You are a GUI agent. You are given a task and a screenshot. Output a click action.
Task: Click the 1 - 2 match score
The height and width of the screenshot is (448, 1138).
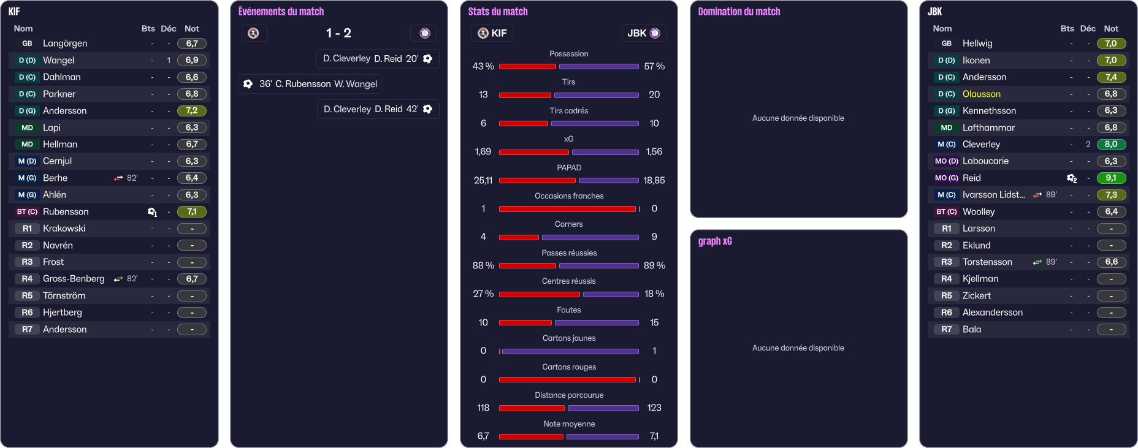(x=338, y=33)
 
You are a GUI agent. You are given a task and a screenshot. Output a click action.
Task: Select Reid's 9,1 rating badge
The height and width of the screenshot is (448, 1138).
(x=1111, y=178)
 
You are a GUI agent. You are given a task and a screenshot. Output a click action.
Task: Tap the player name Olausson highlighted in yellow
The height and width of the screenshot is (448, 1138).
(x=981, y=94)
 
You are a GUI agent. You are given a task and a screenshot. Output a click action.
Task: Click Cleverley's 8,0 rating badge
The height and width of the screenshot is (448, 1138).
(x=1111, y=144)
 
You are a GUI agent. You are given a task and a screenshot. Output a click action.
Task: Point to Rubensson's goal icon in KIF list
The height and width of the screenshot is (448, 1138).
(x=152, y=212)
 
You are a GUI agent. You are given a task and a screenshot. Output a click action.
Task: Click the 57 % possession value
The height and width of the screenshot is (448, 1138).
(x=654, y=66)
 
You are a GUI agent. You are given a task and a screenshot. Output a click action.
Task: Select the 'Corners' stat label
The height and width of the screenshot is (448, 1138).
(x=568, y=224)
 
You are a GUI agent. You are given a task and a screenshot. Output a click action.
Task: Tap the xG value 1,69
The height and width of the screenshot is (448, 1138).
(x=483, y=151)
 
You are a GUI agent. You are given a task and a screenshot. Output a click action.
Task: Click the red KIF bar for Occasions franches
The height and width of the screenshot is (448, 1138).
(x=567, y=209)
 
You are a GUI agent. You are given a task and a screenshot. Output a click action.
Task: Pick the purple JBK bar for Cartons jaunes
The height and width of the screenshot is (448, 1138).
(x=570, y=351)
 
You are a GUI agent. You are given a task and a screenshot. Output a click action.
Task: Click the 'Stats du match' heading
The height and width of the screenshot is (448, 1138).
(x=498, y=12)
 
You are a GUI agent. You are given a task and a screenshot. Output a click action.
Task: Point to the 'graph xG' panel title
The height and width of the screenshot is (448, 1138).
(x=715, y=241)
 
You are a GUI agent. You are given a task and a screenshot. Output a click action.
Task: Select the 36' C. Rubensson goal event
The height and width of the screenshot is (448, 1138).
(x=310, y=84)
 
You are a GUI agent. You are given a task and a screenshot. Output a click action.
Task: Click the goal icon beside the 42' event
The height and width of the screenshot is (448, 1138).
(x=428, y=109)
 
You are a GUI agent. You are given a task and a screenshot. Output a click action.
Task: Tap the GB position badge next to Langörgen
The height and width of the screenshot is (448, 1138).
(x=27, y=44)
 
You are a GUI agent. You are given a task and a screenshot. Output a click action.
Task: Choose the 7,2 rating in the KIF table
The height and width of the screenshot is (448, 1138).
(x=192, y=110)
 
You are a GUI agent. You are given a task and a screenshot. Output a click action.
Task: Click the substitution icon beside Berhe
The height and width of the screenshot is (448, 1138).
(x=118, y=178)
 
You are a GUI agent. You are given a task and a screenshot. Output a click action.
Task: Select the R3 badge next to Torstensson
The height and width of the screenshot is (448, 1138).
(x=946, y=262)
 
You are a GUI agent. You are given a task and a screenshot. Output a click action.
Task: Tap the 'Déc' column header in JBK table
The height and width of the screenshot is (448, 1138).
(x=1088, y=29)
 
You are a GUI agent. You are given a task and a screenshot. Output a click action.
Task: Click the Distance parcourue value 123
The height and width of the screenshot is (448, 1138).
(x=654, y=408)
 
